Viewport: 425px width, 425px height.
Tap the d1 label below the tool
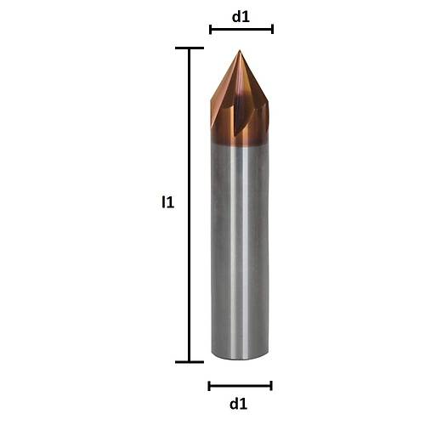point(240,403)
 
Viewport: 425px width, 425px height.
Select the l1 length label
point(168,203)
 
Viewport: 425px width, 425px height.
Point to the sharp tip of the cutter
point(240,52)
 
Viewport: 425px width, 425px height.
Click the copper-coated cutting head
point(240,106)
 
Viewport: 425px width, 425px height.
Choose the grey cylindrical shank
point(240,255)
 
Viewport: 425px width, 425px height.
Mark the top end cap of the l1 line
point(189,48)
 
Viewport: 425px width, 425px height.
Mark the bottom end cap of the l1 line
point(189,362)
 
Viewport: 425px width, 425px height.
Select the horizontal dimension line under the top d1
point(241,29)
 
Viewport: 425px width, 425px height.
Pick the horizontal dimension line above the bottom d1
point(240,386)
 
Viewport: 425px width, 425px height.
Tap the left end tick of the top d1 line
point(211,29)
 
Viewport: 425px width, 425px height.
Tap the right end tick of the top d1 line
point(272,29)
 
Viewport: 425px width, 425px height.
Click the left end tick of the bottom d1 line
point(209,386)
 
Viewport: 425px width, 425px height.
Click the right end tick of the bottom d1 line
point(271,386)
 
